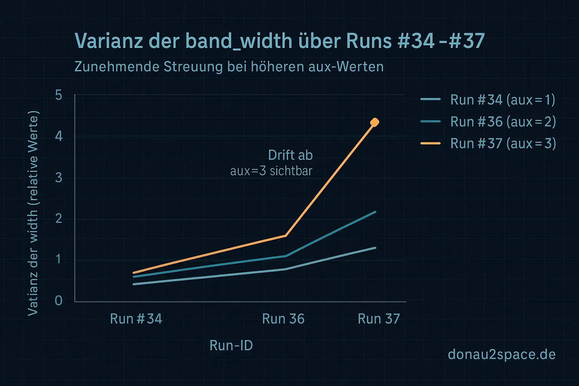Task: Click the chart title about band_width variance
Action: coord(279,41)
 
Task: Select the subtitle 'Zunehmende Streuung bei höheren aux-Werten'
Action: coord(229,67)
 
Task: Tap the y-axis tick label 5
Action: coord(58,95)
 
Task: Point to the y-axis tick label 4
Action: coord(58,136)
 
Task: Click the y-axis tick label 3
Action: coord(58,177)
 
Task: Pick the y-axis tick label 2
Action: coord(58,218)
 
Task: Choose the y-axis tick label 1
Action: coord(58,259)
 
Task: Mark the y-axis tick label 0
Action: coord(58,300)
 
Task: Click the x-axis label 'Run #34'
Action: coord(136,319)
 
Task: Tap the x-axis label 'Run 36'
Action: coord(283,319)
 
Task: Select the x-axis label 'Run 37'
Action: coord(378,319)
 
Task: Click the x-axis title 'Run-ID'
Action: coord(231,345)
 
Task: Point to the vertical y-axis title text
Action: coord(33,213)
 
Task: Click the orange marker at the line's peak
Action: coord(375,122)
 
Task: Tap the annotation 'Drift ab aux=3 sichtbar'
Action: coord(271,163)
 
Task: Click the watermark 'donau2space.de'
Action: coord(501,354)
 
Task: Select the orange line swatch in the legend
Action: coord(430,144)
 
